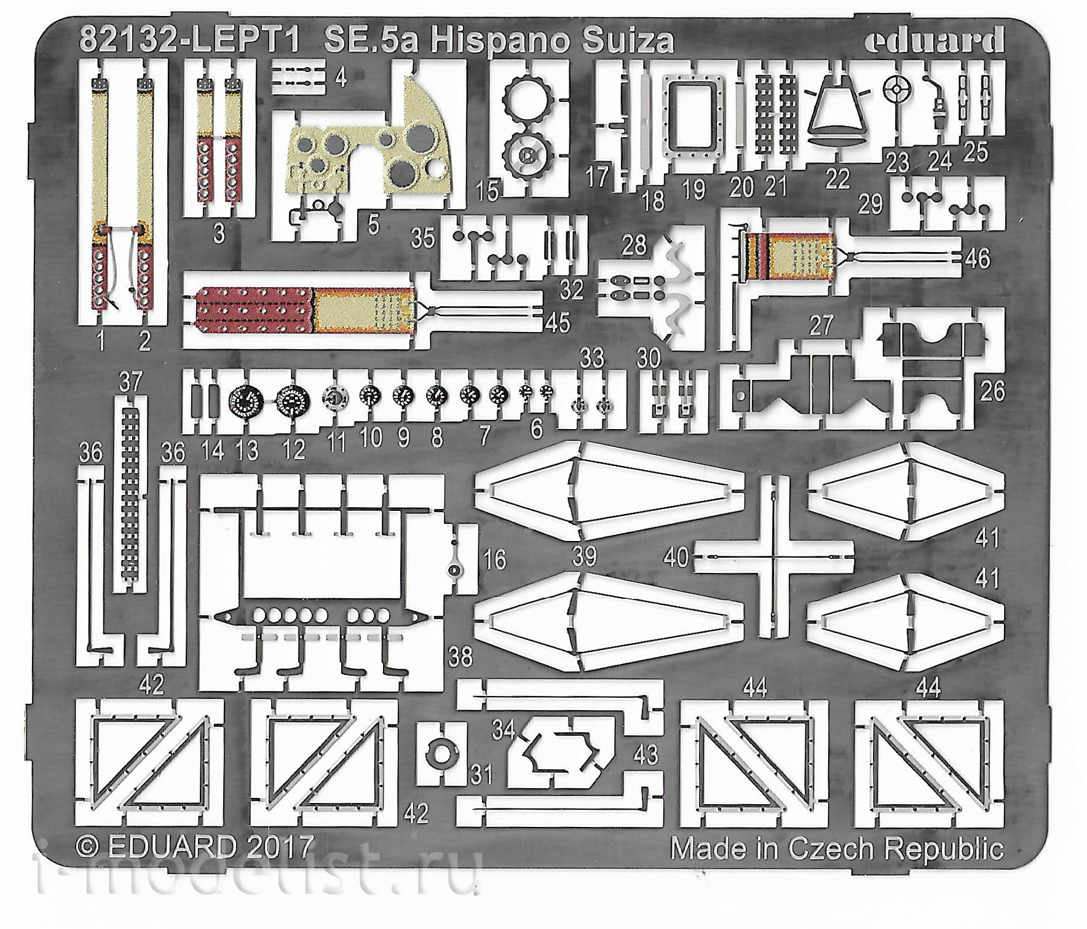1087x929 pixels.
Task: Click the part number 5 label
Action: coord(373,225)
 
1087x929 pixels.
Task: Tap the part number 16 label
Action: coord(495,560)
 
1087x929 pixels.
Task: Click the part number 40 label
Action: coord(676,558)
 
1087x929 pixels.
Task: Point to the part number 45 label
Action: coord(558,323)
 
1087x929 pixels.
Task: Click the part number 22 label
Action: coord(837,179)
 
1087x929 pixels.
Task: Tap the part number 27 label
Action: coord(821,326)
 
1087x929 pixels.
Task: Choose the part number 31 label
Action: coord(480,775)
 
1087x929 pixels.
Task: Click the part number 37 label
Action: coord(130,382)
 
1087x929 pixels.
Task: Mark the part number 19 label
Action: coord(694,189)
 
